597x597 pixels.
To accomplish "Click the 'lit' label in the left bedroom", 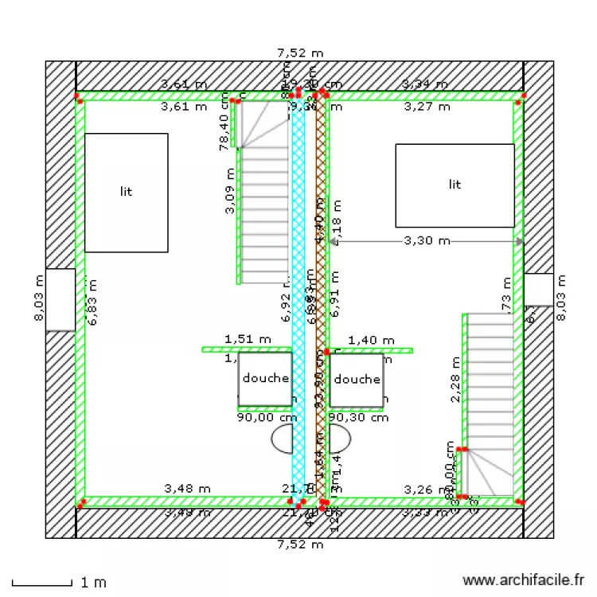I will (x=126, y=192).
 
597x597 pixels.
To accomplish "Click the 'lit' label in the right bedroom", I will (x=455, y=185).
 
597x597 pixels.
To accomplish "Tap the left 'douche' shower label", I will (x=265, y=378).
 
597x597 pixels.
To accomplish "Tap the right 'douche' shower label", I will (x=357, y=379).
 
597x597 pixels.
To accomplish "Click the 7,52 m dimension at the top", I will (x=300, y=53).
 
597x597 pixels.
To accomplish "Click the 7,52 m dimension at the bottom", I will (x=300, y=545).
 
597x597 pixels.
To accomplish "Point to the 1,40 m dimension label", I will (x=372, y=340).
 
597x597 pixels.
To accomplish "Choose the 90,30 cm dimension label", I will (x=358, y=416).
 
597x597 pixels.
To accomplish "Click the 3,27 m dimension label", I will (x=427, y=105).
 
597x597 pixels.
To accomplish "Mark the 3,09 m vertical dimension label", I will (x=230, y=191).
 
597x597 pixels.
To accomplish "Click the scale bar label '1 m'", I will (x=94, y=583).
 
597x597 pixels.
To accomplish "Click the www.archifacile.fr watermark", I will (x=523, y=582).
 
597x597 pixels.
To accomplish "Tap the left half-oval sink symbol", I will (x=283, y=437).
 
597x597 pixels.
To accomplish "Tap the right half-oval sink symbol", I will (x=341, y=437).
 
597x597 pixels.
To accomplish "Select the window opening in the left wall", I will (x=60, y=299).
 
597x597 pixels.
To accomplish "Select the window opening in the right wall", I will (x=539, y=290).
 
